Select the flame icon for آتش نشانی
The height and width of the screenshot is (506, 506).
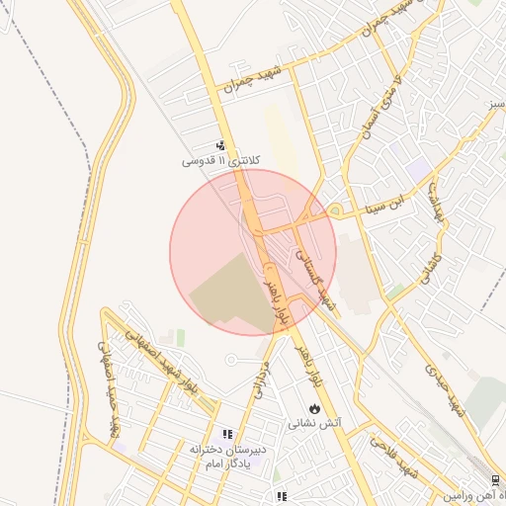pyautogui.click(x=314, y=407)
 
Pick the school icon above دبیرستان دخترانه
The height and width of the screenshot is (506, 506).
pyautogui.click(x=227, y=434)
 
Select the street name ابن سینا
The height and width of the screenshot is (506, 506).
pyautogui.click(x=383, y=203)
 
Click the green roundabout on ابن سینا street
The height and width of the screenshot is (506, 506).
pyautogui.click(x=336, y=211)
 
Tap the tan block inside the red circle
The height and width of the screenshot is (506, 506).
pyautogui.click(x=232, y=291)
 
